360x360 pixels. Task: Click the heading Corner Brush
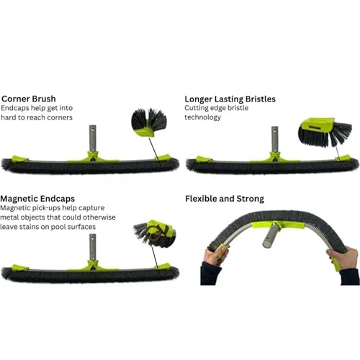pos(29,99)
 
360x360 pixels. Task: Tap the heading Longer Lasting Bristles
pos(230,99)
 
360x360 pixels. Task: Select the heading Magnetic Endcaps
pos(37,199)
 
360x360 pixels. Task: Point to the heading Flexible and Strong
pos(225,199)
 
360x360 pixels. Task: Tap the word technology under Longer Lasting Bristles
pos(202,117)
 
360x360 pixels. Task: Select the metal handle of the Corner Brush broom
pos(92,138)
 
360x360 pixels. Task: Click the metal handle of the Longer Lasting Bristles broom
pos(275,139)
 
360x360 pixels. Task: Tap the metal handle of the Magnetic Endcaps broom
pos(93,247)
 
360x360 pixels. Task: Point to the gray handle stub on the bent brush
pos(271,235)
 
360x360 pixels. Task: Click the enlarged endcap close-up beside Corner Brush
pos(149,122)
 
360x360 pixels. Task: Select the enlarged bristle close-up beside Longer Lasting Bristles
pos(325,132)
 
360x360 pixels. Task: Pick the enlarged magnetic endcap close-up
pos(155,233)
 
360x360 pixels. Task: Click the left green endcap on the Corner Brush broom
pos(19,158)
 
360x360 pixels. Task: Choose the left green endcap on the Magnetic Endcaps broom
pos(19,268)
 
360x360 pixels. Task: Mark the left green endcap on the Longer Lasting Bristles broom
pos(204,159)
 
